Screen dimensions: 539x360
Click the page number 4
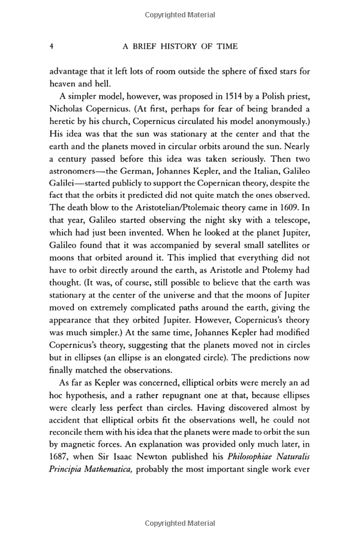pos(52,46)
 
